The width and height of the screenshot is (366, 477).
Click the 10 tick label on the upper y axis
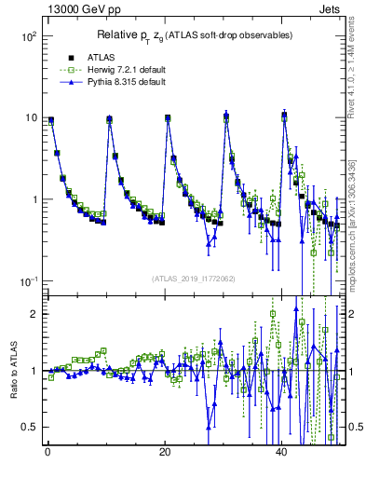pyautogui.click(x=29, y=118)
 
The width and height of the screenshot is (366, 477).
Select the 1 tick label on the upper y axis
pyautogui.click(x=33, y=199)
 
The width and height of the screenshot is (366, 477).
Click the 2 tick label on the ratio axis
pyautogui.click(x=33, y=314)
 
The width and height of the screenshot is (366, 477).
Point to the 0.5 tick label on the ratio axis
pyautogui.click(x=29, y=427)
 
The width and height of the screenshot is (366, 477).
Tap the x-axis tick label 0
pyautogui.click(x=47, y=453)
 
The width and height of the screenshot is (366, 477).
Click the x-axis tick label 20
pyautogui.click(x=165, y=453)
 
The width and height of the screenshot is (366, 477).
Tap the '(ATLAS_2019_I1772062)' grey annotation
pyautogui.click(x=193, y=278)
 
